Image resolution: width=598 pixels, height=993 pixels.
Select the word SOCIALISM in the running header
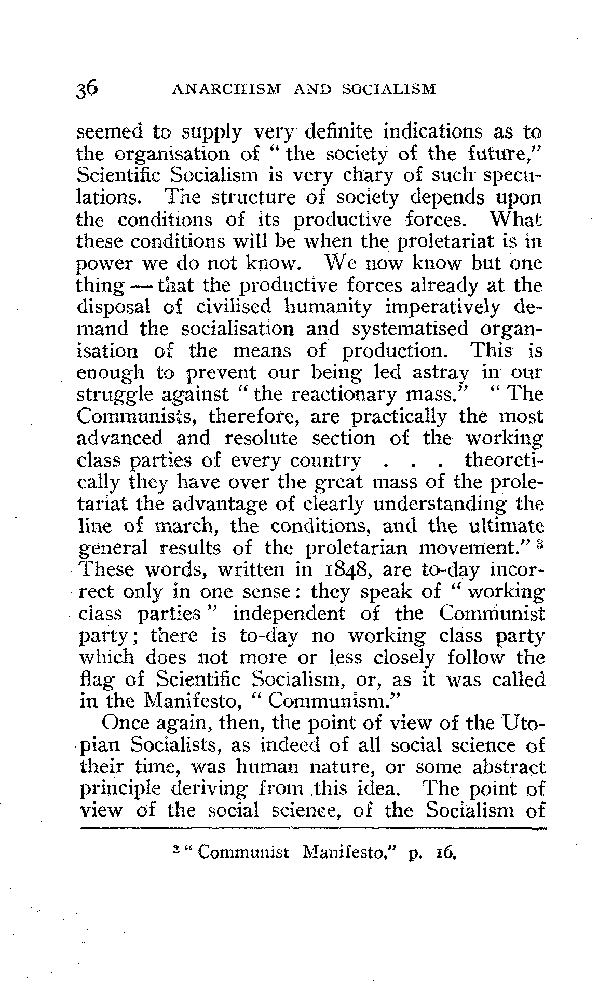click(x=390, y=90)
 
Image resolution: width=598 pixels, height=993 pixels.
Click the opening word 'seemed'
click(x=107, y=132)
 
